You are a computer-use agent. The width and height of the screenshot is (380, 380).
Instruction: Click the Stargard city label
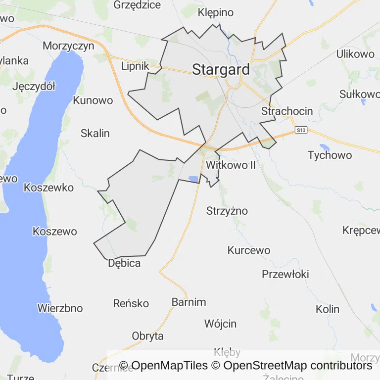(221, 70)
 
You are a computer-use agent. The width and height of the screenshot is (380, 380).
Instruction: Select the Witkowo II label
(231, 165)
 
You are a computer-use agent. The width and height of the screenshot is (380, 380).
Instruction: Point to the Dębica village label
(124, 263)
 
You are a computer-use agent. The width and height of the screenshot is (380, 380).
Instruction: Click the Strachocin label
(287, 111)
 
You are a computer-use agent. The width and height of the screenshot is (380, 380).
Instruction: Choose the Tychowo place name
(330, 155)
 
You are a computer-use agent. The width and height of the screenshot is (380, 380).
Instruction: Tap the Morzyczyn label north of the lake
(68, 46)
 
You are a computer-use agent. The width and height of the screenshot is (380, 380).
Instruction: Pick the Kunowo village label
(93, 100)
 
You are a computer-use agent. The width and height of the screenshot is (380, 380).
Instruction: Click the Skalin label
(95, 133)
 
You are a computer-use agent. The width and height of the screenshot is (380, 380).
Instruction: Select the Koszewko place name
(48, 188)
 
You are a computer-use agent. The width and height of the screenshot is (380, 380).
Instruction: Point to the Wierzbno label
(60, 308)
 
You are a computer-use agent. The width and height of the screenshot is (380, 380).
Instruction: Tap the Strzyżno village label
(227, 211)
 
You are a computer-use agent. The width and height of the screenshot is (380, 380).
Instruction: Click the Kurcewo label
(249, 250)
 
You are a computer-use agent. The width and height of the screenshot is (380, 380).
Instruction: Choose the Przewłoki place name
(285, 274)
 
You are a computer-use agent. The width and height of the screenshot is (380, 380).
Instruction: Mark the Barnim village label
(189, 302)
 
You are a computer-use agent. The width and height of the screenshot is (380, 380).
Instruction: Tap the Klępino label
(216, 12)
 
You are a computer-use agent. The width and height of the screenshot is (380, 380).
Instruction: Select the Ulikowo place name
(355, 54)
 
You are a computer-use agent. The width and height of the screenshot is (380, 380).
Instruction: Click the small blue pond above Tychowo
(324, 147)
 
